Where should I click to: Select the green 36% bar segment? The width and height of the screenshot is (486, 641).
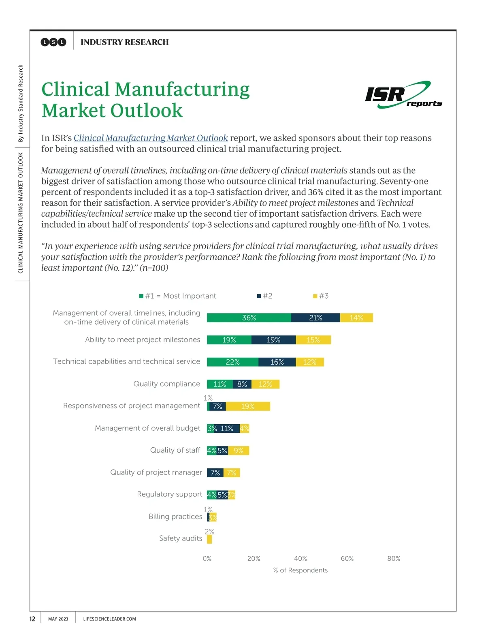(249, 318)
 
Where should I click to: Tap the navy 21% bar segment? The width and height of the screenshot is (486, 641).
(315, 318)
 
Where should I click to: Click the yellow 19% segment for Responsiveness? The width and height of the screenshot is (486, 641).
(248, 406)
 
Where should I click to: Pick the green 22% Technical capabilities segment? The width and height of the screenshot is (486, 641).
(232, 362)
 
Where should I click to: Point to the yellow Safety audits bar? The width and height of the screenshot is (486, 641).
(209, 539)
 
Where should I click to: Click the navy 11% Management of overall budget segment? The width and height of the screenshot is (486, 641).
(227, 428)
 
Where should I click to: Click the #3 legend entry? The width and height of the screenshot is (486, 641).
(321, 296)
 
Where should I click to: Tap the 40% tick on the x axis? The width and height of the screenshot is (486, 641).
(301, 558)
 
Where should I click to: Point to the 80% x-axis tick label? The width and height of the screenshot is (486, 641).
(394, 558)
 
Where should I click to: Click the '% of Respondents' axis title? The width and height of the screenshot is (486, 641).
(300, 570)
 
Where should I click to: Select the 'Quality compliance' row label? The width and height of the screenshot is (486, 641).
(166, 384)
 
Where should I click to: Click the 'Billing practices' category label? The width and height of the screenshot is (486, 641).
(175, 517)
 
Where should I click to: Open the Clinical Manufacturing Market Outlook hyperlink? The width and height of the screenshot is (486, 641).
(151, 138)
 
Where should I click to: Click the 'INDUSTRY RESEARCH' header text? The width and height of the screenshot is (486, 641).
(124, 42)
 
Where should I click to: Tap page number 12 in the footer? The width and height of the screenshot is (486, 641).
(32, 619)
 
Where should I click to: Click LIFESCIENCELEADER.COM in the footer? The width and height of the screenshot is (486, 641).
(109, 619)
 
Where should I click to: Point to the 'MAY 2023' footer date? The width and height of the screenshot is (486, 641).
(58, 619)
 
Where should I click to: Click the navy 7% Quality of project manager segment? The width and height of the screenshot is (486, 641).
(215, 473)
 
